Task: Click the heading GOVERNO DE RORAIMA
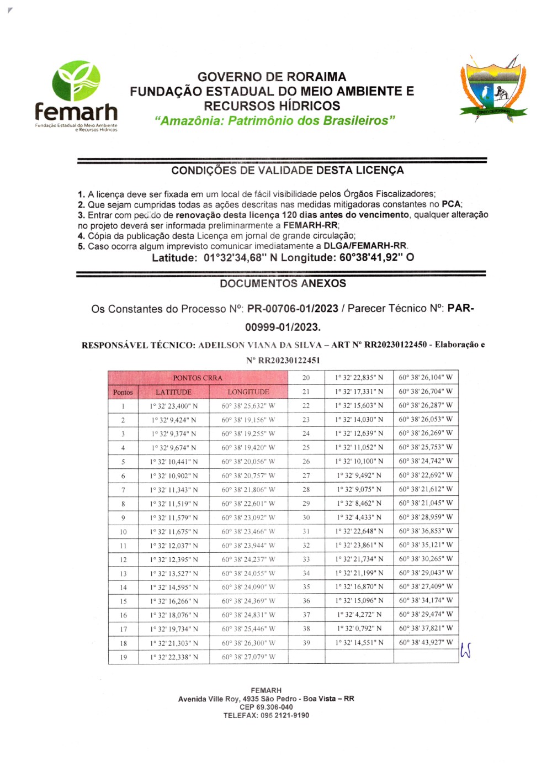[272, 77]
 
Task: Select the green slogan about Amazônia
[275, 120]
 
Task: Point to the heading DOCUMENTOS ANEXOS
[283, 283]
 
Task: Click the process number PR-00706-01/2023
[293, 309]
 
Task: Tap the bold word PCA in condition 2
[451, 204]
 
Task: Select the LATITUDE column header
[173, 392]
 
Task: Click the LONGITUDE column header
[248, 392]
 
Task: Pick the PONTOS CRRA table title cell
[198, 378]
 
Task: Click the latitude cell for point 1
[173, 406]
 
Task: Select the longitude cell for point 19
[248, 657]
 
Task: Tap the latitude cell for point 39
[359, 643]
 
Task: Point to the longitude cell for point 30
[426, 517]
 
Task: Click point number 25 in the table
[306, 447]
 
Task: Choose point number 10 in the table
[123, 532]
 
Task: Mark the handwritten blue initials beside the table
[465, 652]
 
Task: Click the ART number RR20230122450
[395, 345]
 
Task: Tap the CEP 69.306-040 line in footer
[266, 707]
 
